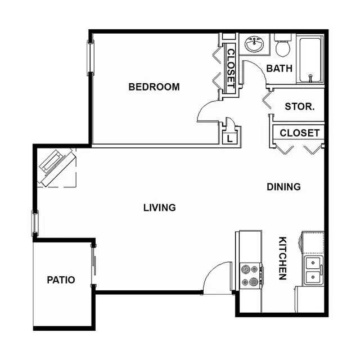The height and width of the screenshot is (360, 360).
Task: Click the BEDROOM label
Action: tap(154, 87)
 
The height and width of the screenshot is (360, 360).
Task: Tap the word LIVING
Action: tap(160, 208)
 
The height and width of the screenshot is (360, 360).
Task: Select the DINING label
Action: tap(283, 187)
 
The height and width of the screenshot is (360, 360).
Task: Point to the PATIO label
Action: tap(61, 280)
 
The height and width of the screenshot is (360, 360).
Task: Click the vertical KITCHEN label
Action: tap(282, 258)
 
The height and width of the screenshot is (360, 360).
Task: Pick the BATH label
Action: tap(279, 69)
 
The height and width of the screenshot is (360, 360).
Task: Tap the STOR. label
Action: tap(300, 106)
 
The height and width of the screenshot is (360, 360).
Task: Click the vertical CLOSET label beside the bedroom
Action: tap(231, 69)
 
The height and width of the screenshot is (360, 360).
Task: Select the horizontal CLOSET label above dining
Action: tap(300, 133)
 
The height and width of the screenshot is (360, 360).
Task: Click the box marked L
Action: tap(229, 139)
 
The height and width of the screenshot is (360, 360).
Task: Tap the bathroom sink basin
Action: tap(254, 44)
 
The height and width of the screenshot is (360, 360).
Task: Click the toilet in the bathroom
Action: tap(283, 46)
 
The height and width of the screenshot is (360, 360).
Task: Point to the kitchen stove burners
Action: tap(250, 275)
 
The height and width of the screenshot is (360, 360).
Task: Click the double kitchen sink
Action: tap(313, 271)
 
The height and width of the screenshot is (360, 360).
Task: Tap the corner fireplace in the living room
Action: tap(57, 168)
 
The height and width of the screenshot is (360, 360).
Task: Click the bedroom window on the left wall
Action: tap(91, 58)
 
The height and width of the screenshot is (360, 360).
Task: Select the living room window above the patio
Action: tap(35, 223)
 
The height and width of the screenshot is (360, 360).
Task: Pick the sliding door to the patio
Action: tap(93, 265)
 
